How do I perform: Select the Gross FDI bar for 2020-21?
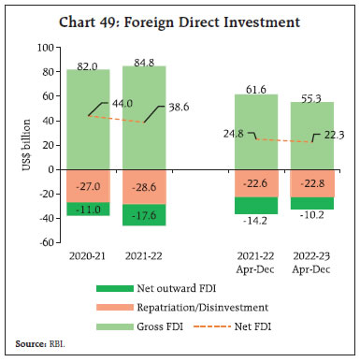pyautogui.click(x=89, y=122)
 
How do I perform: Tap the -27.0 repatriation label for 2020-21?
pyautogui.click(x=89, y=186)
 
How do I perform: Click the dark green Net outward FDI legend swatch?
pyautogui.click(x=115, y=289)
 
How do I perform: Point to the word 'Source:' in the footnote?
pyautogui.click(x=28, y=345)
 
